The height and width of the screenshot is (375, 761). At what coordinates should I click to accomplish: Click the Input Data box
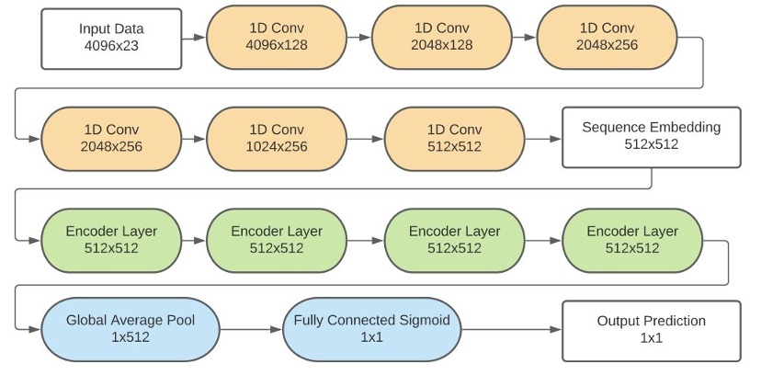click(111, 37)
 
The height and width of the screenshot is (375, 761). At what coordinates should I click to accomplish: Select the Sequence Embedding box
click(651, 137)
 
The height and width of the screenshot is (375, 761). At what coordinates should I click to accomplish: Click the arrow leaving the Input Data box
click(193, 39)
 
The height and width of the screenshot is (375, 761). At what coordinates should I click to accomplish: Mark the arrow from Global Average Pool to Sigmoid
click(251, 332)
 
